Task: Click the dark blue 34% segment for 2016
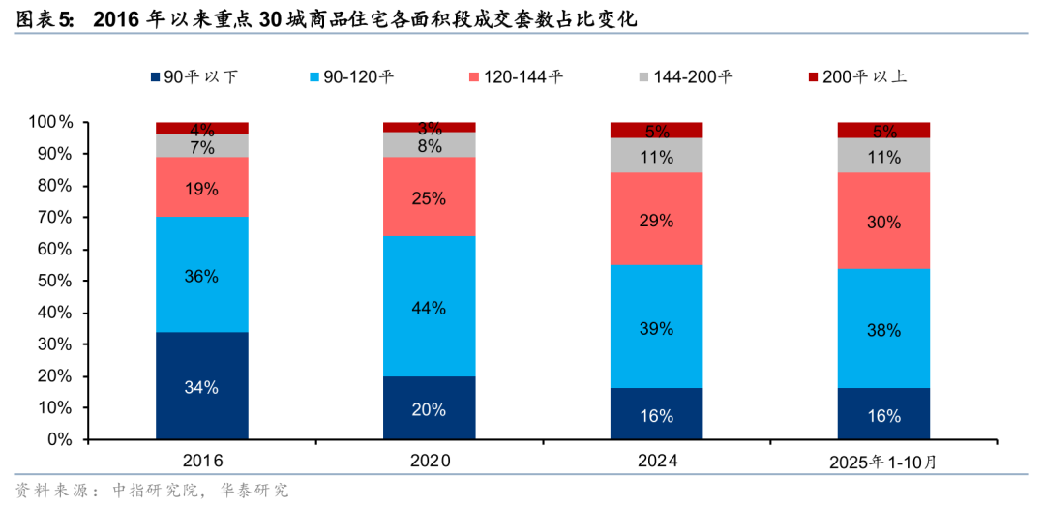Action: (x=202, y=386)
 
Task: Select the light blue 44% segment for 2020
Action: (x=429, y=307)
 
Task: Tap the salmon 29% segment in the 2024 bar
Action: (x=656, y=220)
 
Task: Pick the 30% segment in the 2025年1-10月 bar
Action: (x=883, y=222)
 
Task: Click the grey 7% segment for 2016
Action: (x=202, y=146)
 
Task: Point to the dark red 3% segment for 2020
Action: (x=429, y=127)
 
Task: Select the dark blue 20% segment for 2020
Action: (x=429, y=408)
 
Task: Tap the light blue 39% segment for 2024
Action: (x=656, y=327)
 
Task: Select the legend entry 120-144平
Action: (x=522, y=76)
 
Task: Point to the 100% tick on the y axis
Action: (x=50, y=123)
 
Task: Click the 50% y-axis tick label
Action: (x=53, y=282)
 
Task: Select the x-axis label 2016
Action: (x=202, y=462)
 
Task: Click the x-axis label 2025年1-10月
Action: (x=883, y=463)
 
